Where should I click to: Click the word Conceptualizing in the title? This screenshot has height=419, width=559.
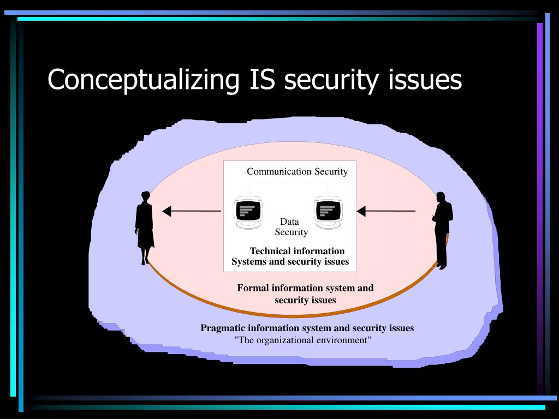pyautogui.click(x=143, y=80)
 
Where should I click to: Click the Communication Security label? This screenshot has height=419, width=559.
pyautogui.click(x=297, y=171)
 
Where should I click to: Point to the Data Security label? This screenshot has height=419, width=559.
pyautogui.click(x=290, y=227)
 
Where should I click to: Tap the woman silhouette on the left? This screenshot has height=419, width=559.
pyautogui.click(x=145, y=226)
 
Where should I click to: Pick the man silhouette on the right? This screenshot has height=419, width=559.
pyautogui.click(x=442, y=229)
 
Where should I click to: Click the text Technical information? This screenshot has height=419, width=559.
pyautogui.click(x=297, y=251)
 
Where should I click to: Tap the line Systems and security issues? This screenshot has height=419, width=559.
pyautogui.click(x=290, y=261)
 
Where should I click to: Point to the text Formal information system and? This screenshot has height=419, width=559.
pyautogui.click(x=305, y=288)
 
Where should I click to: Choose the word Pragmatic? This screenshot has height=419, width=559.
pyautogui.click(x=223, y=328)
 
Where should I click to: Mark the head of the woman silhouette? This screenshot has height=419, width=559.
pyautogui.click(x=145, y=195)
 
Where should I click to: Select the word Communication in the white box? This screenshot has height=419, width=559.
pyautogui.click(x=279, y=171)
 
